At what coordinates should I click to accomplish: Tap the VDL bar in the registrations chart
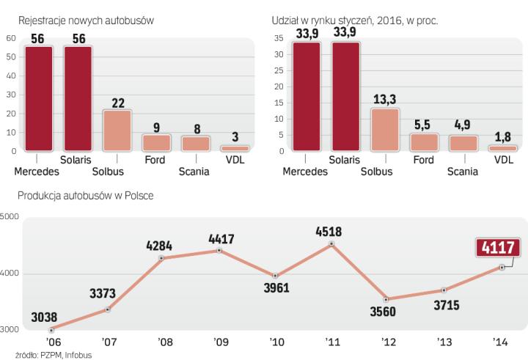click(234, 149)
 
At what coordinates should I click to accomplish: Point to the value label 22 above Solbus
click(117, 102)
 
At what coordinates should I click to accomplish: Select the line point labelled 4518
click(331, 244)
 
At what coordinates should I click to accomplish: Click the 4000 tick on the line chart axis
click(10, 273)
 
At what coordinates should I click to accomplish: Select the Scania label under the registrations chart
click(194, 172)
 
